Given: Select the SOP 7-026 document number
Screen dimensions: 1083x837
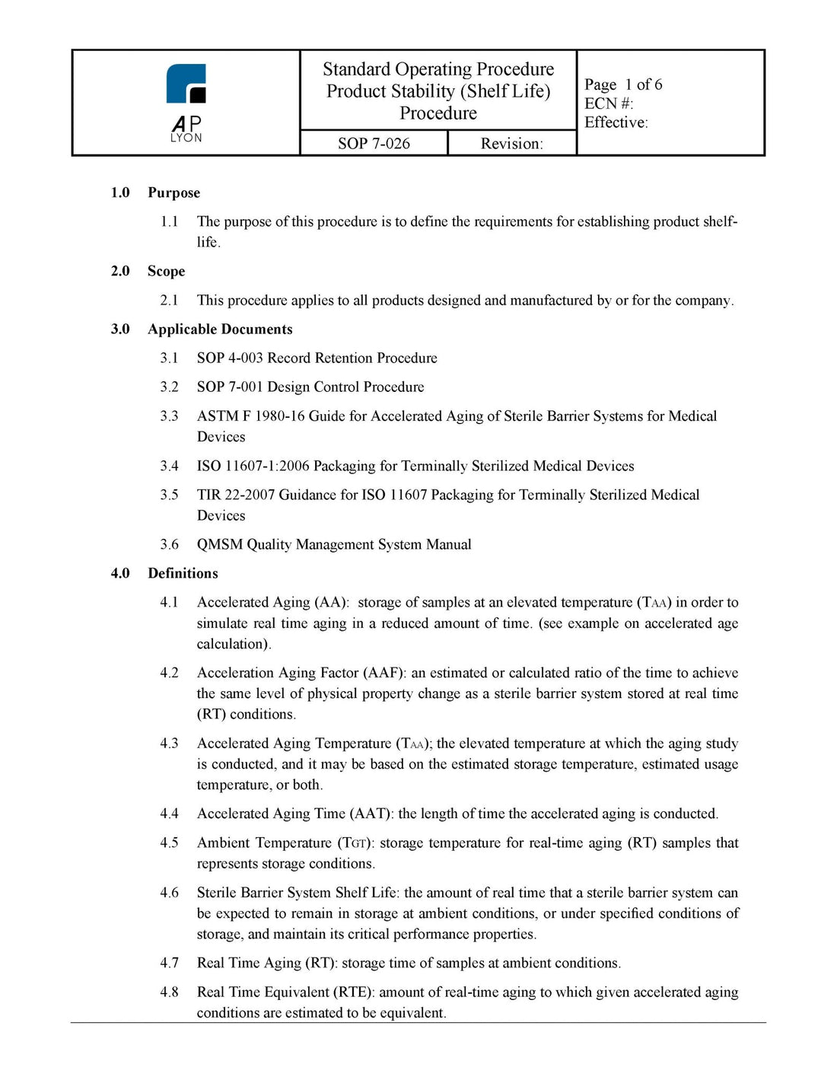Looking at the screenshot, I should coord(374,143).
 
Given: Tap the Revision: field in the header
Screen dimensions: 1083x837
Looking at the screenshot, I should coord(511,143).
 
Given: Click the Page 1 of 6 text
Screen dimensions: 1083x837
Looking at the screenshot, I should coord(623,84).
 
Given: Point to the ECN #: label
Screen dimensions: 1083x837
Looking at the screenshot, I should coord(609,104).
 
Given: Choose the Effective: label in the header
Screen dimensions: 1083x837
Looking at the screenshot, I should coord(616,123).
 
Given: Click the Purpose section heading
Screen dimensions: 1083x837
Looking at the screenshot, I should coord(173,193).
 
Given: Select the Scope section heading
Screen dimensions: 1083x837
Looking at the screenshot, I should coord(166,271).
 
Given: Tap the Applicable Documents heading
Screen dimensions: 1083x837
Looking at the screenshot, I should coord(220,329).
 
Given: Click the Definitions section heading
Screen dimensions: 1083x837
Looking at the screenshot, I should coord(183,573).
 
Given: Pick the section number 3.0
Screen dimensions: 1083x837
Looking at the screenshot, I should coord(120,329).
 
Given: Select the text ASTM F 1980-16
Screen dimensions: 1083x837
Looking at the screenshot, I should coord(250,416).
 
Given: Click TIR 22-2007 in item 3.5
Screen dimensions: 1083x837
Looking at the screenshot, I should coord(236,495).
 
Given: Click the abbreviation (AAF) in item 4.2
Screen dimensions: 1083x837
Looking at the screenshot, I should coord(384,673).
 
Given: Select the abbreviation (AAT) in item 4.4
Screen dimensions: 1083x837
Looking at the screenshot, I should coord(371,814).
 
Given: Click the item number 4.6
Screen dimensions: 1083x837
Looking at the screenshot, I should coord(169,893).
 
